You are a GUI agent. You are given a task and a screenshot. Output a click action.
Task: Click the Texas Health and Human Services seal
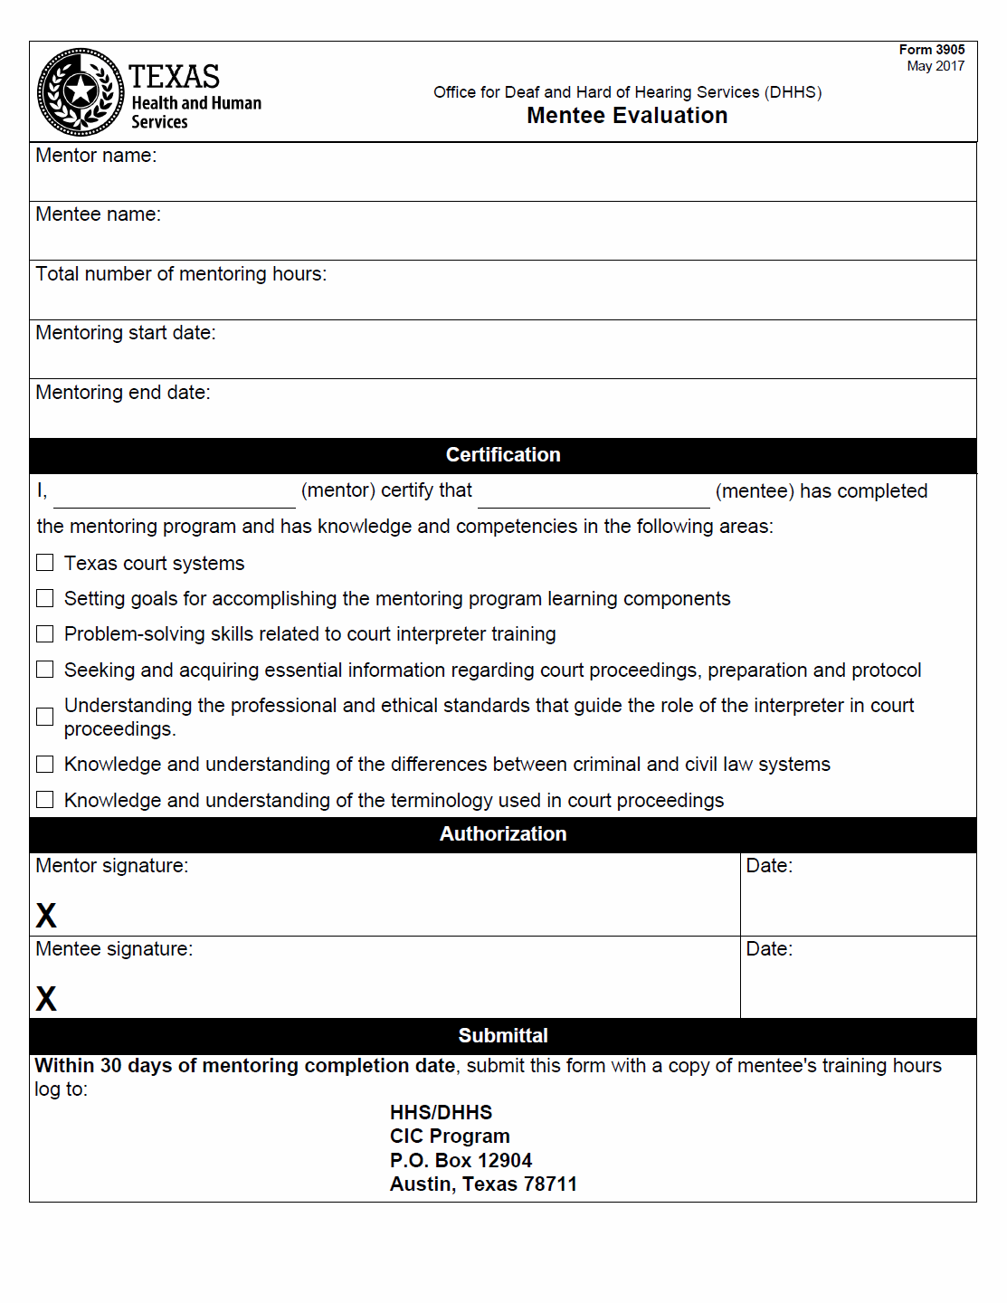pos(81,91)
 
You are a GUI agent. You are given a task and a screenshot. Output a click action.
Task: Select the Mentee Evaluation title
pos(627,116)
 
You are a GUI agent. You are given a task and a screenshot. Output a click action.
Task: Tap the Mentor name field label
pos(96,156)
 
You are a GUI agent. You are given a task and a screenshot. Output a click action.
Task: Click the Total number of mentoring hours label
pos(181,274)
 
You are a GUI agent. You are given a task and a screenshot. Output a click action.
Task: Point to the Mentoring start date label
pos(126,333)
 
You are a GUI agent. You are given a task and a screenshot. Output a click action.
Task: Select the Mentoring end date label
pos(123,393)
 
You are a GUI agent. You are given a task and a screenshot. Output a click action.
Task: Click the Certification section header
pos(503,455)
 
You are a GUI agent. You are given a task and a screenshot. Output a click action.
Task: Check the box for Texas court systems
pos(45,563)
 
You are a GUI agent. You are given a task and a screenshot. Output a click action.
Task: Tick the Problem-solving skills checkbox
pos(45,633)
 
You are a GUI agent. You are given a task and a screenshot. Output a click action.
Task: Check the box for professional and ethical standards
pos(45,717)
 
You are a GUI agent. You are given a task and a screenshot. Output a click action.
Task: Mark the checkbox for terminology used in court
pos(45,800)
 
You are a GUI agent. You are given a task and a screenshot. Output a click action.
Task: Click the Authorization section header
pos(503,834)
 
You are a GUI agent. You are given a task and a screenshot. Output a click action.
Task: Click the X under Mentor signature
pos(46,916)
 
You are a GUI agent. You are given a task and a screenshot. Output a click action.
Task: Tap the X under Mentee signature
pos(46,999)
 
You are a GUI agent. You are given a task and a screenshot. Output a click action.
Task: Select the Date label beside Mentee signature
pos(769,949)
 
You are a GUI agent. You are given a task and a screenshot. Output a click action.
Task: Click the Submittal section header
pos(503,1036)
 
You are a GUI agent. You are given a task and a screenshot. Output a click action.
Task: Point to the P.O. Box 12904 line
pos(461,1161)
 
